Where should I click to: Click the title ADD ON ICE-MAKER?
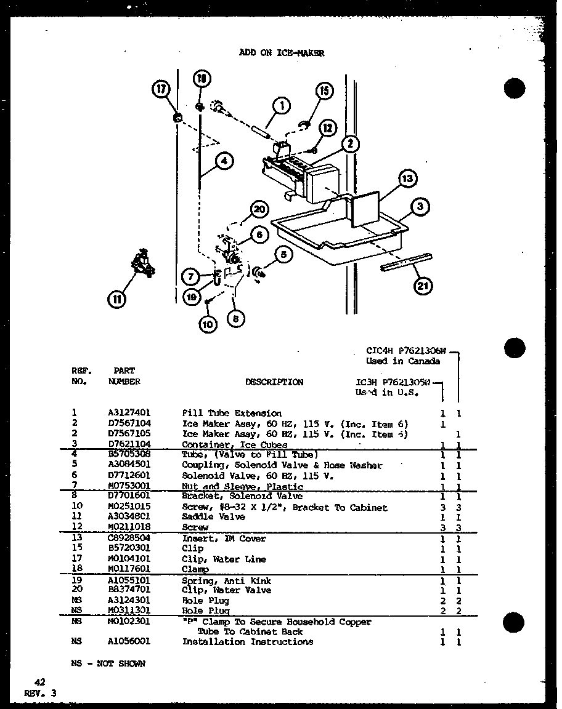(x=281, y=53)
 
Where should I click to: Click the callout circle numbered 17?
(x=161, y=90)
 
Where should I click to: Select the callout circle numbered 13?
(x=407, y=179)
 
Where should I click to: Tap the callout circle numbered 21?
(x=423, y=285)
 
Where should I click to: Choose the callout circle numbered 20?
(x=259, y=210)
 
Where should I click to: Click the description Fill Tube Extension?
(x=231, y=413)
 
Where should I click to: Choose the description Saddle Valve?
(x=213, y=517)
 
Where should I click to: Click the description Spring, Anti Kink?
(x=226, y=580)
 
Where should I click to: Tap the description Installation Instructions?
(x=247, y=641)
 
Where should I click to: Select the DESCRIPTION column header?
(x=274, y=382)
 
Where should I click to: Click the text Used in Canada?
(x=403, y=361)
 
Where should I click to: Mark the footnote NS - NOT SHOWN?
(x=108, y=663)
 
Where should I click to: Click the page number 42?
(x=40, y=682)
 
